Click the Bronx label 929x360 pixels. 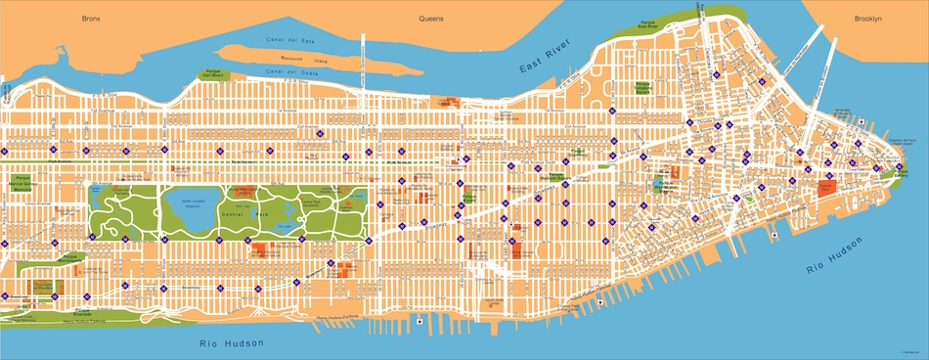click(x=92, y=19)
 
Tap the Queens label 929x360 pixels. click(x=431, y=19)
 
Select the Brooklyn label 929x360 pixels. click(x=867, y=19)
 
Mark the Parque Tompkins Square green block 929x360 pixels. click(x=642, y=89)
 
